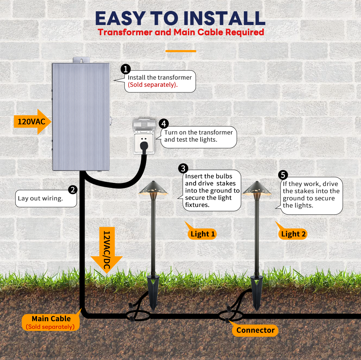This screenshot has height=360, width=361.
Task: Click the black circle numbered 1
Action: coord(126,69)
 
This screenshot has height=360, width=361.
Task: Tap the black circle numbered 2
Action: coord(73,190)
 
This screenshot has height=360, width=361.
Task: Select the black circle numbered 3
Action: coord(183,169)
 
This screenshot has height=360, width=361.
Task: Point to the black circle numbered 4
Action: coord(164,123)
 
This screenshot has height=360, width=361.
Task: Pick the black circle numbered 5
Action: coord(283,175)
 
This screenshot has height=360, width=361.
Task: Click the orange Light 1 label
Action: coord(202,234)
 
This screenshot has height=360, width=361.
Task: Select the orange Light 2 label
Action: coord(293,234)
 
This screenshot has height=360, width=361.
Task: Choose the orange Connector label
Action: coord(255,330)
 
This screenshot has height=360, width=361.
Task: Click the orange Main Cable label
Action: coord(51,322)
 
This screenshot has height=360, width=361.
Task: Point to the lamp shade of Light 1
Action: coord(154,189)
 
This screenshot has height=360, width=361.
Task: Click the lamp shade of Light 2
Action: coord(257,189)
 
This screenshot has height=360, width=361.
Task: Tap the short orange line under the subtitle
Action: coord(180,51)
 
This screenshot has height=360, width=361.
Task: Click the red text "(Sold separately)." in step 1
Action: coord(153,85)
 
